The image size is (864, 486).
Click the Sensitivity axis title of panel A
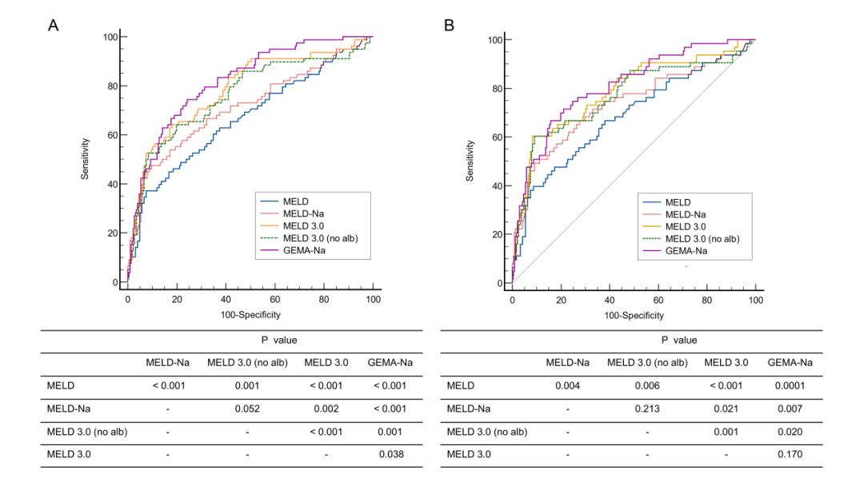point(85,159)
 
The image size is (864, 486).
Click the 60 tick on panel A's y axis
point(111,135)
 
